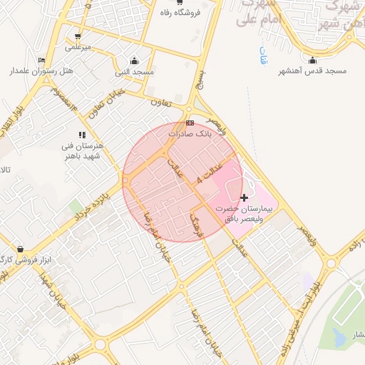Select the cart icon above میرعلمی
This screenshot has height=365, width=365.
(x=77, y=36)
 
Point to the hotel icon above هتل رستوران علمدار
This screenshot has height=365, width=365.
(x=41, y=61)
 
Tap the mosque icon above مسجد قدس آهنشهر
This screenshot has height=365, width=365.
(x=312, y=61)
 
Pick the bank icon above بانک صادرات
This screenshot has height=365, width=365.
(x=190, y=123)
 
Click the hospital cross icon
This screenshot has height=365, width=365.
(x=245, y=197)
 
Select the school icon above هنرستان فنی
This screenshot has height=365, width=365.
(x=83, y=134)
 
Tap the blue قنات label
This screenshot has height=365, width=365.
(x=262, y=57)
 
